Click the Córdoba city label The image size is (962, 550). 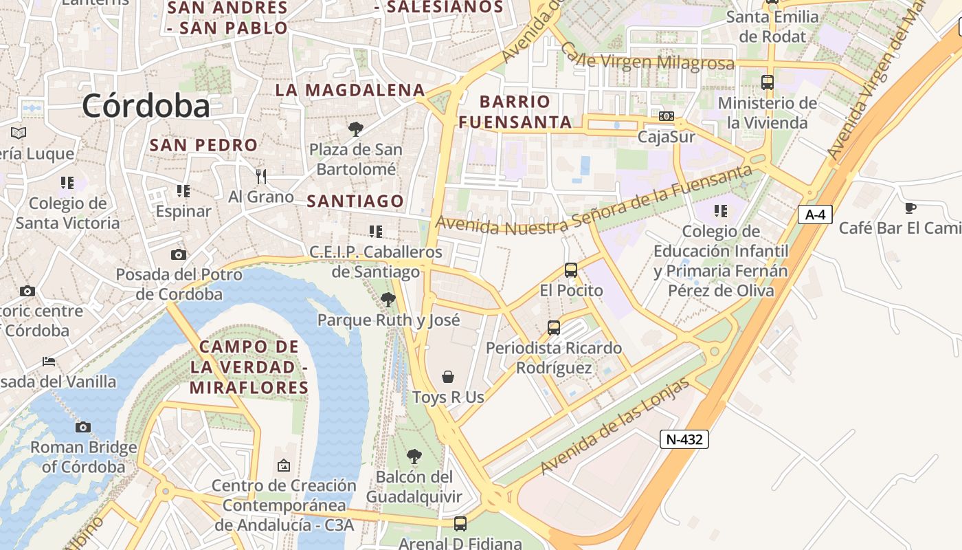click(146, 106)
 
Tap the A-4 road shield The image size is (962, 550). click(815, 214)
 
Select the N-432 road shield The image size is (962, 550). click(684, 439)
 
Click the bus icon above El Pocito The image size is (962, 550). click(571, 270)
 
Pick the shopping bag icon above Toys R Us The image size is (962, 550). click(448, 377)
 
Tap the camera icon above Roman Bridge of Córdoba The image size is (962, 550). click(83, 427)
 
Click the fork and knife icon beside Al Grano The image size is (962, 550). click(261, 177)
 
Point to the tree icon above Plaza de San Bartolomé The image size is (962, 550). click(355, 129)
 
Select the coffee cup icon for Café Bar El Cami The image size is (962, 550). click(910, 208)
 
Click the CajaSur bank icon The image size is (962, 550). click(666, 116)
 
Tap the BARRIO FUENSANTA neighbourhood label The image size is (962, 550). click(516, 112)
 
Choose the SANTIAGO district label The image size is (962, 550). click(355, 201)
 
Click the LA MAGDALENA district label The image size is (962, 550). click(350, 90)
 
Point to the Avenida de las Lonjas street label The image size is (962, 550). click(614, 427)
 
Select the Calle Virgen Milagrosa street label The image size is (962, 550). click(647, 58)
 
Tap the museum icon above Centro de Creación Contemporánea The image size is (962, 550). click(284, 465)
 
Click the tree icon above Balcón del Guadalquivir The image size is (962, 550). click(414, 456)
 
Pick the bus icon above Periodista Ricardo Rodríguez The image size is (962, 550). click(554, 328)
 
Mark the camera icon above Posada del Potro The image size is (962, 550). click(179, 255)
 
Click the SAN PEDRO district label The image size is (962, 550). click(203, 145)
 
